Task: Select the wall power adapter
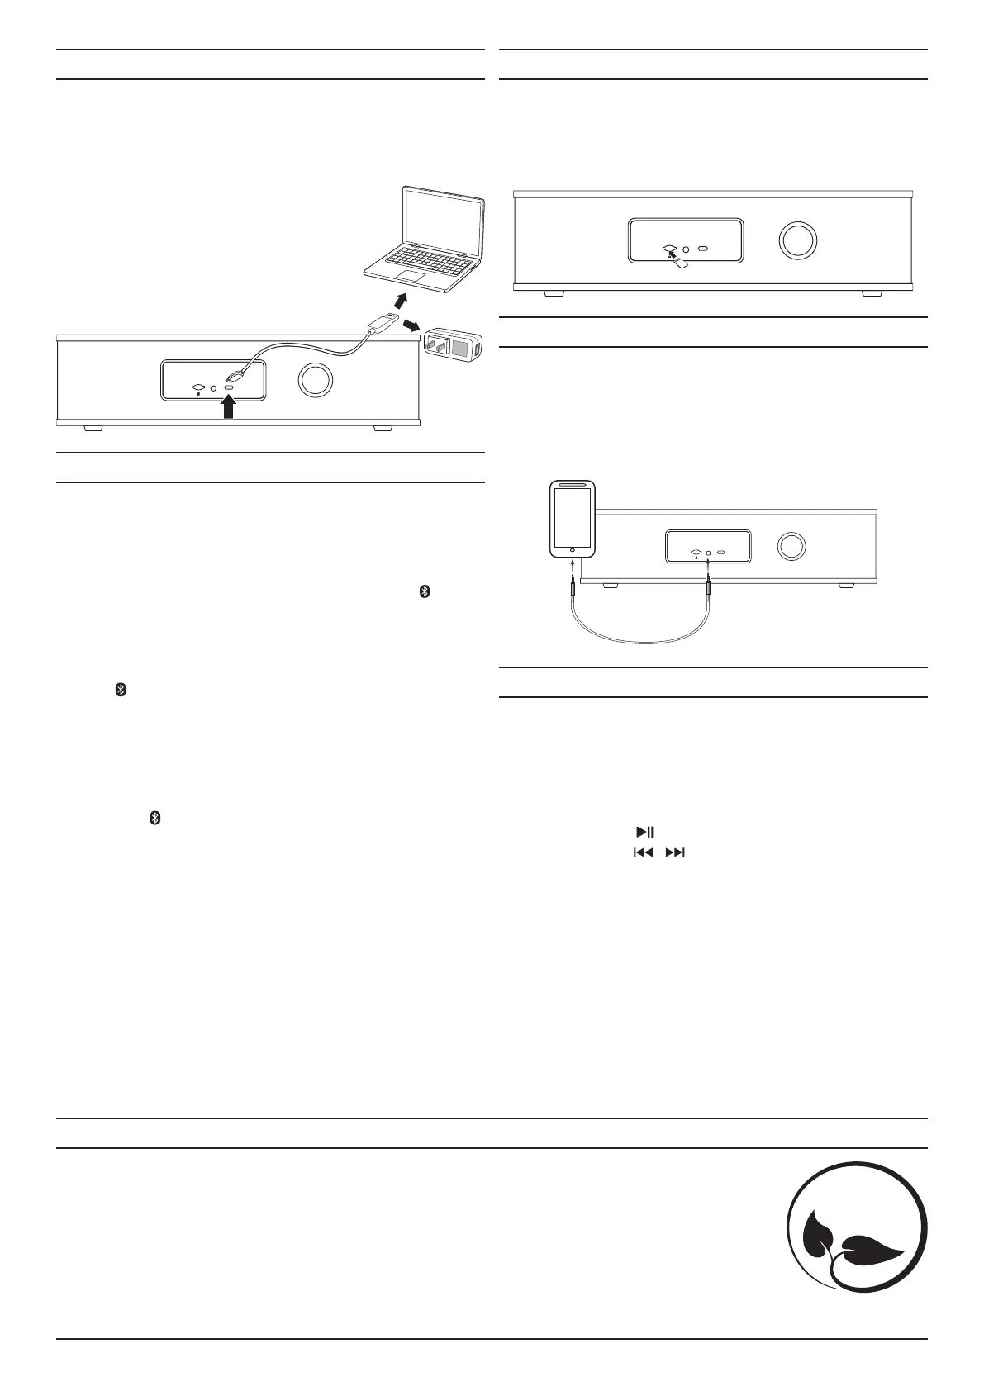(453, 344)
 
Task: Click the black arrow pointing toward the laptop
(401, 299)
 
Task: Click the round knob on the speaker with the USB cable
(315, 381)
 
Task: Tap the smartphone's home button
(573, 548)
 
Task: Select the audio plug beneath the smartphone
(572, 587)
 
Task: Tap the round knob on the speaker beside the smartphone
(791, 546)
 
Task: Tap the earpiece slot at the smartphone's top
(573, 486)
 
